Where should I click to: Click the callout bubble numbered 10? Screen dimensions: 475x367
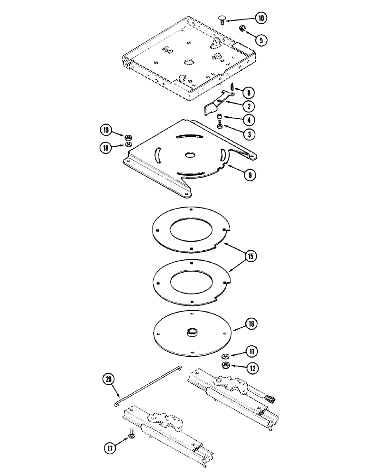click(261, 19)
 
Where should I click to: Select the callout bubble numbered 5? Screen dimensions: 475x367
click(261, 40)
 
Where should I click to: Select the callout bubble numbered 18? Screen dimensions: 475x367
click(106, 147)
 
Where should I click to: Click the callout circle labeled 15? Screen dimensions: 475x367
click(251, 256)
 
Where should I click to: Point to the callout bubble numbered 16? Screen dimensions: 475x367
click(251, 324)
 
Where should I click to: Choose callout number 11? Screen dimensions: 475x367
click(251, 352)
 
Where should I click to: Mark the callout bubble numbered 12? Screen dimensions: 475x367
click(251, 367)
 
